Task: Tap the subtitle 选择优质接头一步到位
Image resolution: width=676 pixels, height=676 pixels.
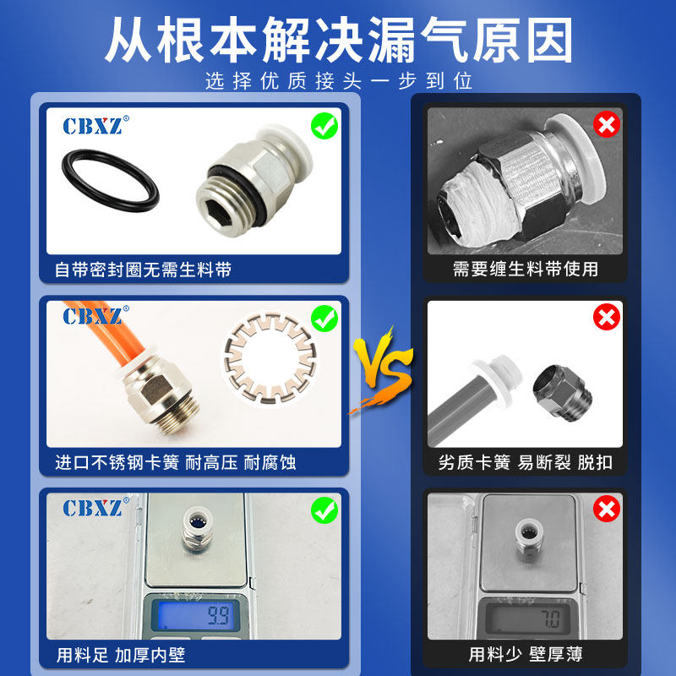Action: point(338,82)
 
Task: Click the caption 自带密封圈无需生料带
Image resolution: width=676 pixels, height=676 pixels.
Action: point(143,270)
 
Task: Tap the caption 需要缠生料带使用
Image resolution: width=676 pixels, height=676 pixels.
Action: point(525,270)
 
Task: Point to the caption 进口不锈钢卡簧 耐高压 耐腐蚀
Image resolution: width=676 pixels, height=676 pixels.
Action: point(175,462)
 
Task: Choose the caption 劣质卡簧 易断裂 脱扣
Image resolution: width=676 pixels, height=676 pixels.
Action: point(525,462)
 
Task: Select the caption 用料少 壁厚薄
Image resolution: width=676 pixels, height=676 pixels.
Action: point(525,655)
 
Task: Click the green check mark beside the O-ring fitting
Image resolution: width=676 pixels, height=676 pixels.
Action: point(324,127)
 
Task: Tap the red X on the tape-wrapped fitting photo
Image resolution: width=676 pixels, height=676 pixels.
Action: point(606,125)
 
